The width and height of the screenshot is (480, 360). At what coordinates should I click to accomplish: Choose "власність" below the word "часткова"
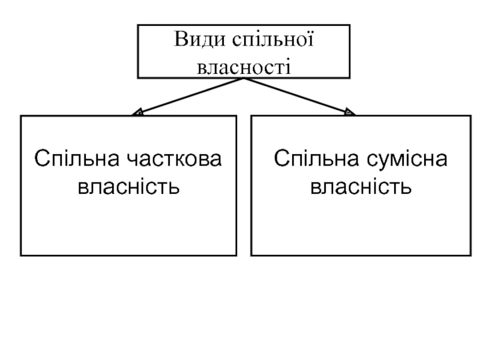point(128,187)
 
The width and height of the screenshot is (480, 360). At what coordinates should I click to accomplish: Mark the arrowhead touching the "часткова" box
point(137,112)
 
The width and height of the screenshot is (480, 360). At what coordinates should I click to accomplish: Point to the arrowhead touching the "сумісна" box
point(350,112)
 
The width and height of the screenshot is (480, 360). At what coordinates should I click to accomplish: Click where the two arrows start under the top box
point(244,78)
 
